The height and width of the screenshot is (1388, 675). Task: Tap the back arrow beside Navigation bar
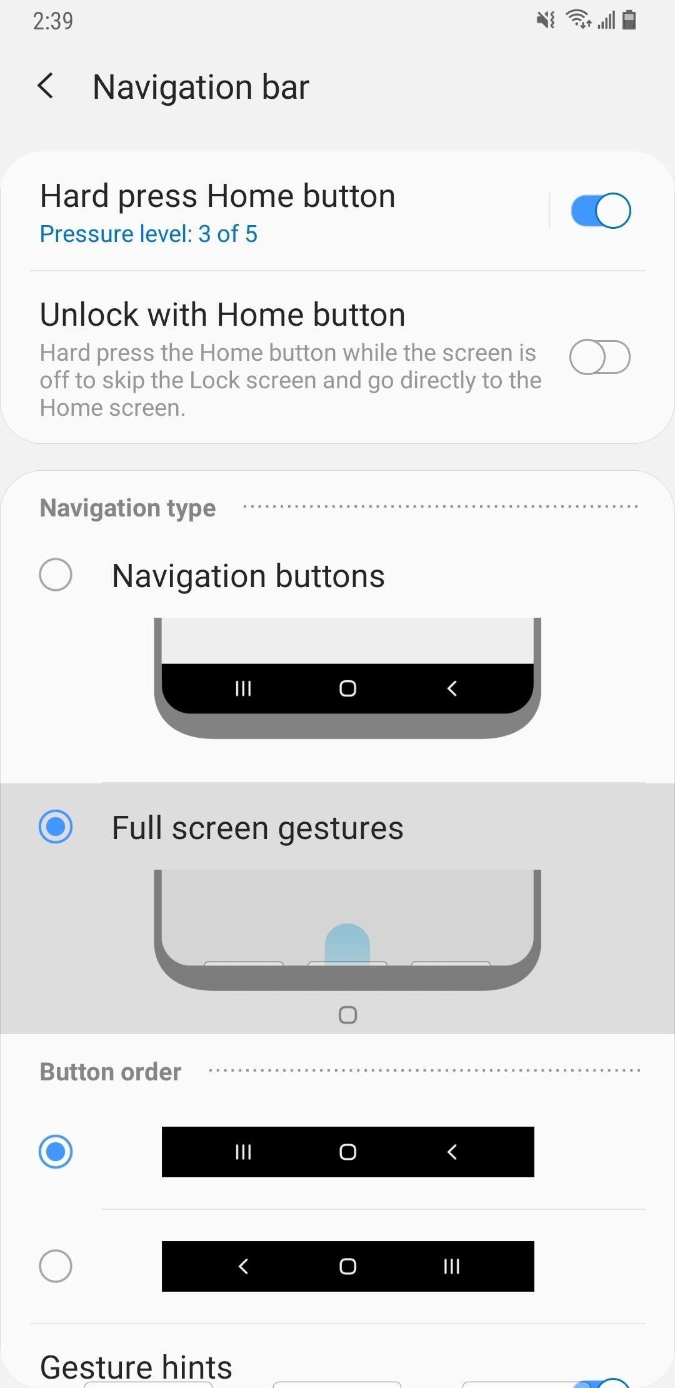point(46,86)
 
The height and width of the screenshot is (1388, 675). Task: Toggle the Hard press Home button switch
point(600,211)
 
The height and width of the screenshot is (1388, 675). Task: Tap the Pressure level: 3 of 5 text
point(149,234)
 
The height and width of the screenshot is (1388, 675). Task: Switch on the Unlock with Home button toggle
point(600,357)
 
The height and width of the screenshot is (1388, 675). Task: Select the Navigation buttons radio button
point(56,575)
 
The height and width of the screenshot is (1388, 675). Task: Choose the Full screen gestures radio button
point(56,827)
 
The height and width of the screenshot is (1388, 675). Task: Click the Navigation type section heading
point(127,508)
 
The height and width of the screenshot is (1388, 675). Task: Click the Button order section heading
point(111,1072)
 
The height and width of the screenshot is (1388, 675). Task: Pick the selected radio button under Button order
point(56,1152)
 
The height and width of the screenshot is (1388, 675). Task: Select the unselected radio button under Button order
point(56,1266)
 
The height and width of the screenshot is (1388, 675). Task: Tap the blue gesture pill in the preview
point(347,945)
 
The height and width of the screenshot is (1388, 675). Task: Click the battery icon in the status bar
point(629,20)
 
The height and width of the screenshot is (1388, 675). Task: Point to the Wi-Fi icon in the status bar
point(578,20)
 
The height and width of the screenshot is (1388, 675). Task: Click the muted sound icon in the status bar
point(546,20)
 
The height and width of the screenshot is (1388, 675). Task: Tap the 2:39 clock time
point(53,21)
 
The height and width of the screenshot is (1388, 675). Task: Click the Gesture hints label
point(136,1367)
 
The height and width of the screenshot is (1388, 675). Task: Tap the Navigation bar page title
point(201,87)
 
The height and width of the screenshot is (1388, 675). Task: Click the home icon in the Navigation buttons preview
point(347,688)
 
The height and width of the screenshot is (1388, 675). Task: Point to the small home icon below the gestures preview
point(347,1015)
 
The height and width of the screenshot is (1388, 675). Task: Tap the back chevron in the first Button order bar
point(452,1152)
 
